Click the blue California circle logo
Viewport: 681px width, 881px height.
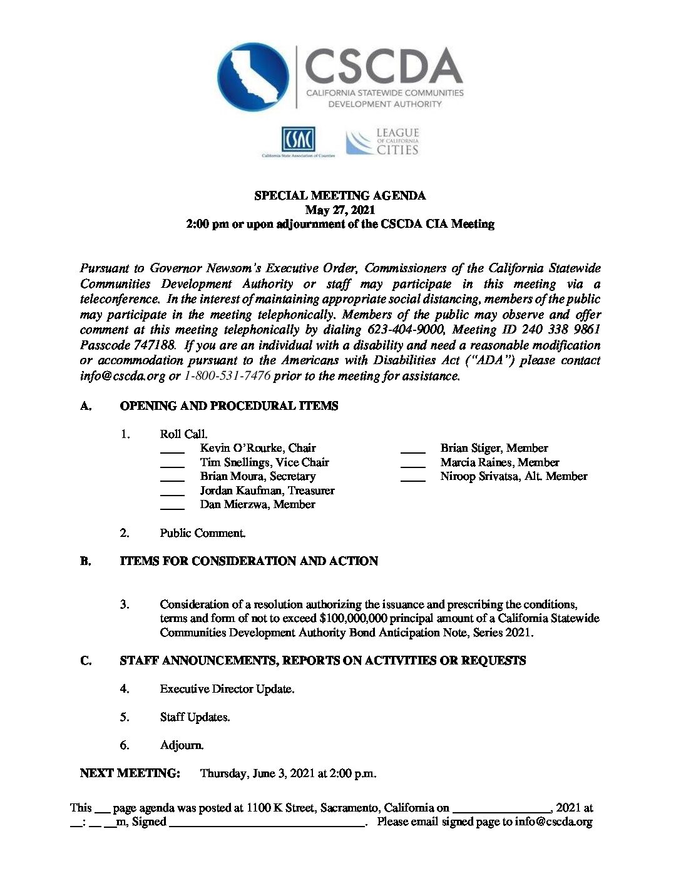pyautogui.click(x=253, y=78)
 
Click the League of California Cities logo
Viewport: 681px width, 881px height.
pyautogui.click(x=383, y=142)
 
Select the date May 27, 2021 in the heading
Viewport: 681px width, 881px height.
pyautogui.click(x=340, y=210)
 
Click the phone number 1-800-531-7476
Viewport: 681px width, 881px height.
pyautogui.click(x=227, y=376)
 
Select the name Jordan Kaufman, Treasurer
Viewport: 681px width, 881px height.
pyautogui.click(x=267, y=491)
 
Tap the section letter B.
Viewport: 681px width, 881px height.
pyautogui.click(x=85, y=561)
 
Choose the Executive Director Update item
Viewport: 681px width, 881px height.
pyautogui.click(x=227, y=689)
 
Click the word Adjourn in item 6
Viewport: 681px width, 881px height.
pyautogui.click(x=182, y=745)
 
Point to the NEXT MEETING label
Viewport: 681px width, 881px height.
pyautogui.click(x=130, y=773)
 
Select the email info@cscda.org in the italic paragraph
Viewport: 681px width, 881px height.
pyautogui.click(x=123, y=376)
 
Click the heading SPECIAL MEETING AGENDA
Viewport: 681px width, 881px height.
pyautogui.click(x=340, y=196)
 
